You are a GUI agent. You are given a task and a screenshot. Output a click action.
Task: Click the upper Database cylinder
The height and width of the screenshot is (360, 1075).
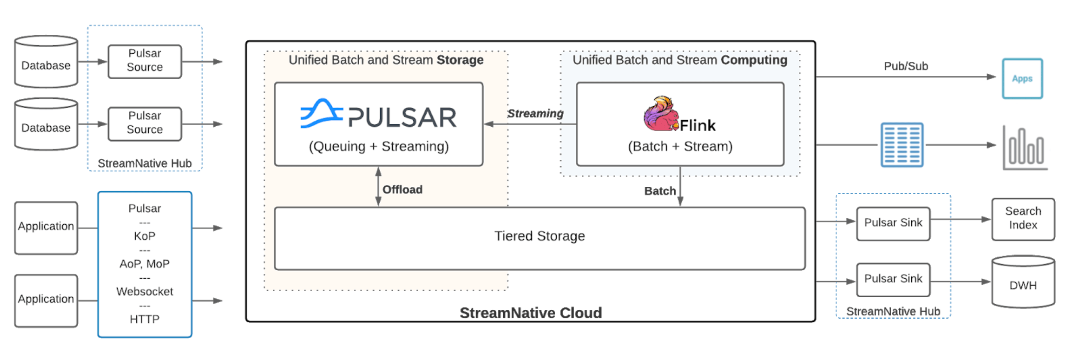(x=46, y=62)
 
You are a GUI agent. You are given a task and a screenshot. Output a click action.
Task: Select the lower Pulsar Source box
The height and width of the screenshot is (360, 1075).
(x=145, y=123)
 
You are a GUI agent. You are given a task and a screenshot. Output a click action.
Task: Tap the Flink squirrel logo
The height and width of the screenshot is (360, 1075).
(x=660, y=113)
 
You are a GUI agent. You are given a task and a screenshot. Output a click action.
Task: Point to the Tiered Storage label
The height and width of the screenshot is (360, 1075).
(x=539, y=236)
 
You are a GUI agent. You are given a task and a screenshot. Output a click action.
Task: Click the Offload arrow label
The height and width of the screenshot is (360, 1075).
(x=402, y=189)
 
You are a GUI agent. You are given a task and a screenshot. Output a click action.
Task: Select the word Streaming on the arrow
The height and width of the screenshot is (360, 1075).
(x=535, y=113)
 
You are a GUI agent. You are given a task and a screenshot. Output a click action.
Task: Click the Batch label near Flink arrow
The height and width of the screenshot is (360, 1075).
(x=660, y=191)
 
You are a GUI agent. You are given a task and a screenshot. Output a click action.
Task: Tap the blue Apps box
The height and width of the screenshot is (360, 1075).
(x=1022, y=79)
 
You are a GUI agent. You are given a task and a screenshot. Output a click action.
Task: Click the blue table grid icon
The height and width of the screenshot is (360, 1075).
(x=901, y=145)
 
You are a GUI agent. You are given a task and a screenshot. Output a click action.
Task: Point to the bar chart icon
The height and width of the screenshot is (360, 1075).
(x=1025, y=148)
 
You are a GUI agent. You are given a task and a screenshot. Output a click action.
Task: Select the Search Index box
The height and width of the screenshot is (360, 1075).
(x=1023, y=219)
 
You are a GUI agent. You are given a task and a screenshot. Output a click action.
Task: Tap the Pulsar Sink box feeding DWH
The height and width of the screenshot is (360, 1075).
(x=893, y=279)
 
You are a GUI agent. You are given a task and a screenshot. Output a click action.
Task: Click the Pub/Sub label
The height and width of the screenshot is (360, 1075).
(x=906, y=66)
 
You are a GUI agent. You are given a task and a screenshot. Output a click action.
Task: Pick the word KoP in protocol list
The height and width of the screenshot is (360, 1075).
(x=144, y=236)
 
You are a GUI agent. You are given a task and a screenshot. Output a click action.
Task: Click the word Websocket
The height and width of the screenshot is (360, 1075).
(x=144, y=291)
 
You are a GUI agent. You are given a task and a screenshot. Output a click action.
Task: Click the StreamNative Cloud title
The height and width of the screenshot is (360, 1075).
(x=530, y=313)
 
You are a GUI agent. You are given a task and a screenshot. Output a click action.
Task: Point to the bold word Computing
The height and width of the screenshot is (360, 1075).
(x=754, y=60)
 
